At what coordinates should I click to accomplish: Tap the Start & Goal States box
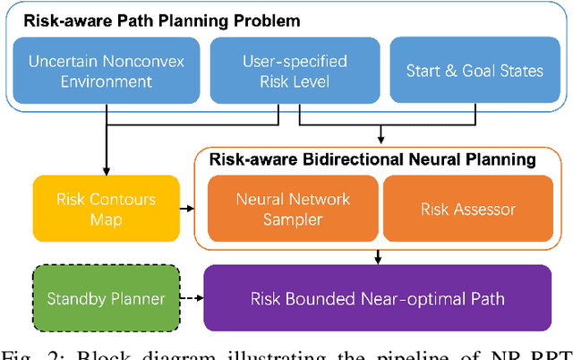[x=464, y=70]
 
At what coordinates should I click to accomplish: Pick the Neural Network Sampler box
[x=294, y=209]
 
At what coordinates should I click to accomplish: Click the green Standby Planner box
[x=100, y=297]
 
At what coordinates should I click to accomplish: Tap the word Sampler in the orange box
[x=294, y=219]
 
